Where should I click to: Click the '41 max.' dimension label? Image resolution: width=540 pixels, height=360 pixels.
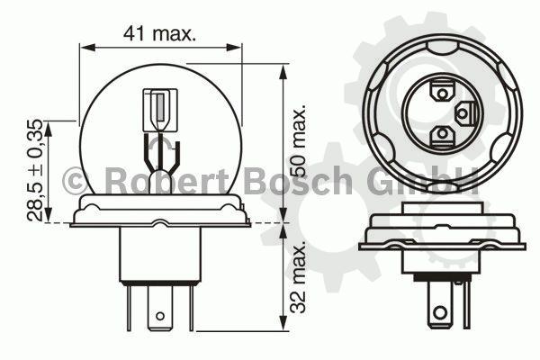click(x=159, y=33)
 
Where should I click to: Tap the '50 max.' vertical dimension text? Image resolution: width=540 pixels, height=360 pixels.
click(x=298, y=140)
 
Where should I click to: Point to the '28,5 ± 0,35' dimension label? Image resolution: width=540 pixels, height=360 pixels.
click(x=35, y=170)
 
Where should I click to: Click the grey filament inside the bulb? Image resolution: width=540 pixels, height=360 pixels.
click(x=160, y=107)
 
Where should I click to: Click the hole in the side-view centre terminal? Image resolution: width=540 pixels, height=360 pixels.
click(x=159, y=316)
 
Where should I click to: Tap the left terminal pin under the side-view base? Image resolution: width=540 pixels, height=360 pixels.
click(x=129, y=308)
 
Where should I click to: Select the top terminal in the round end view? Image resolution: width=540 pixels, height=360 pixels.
click(x=442, y=92)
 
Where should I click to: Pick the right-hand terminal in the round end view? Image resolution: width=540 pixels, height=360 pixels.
click(x=465, y=113)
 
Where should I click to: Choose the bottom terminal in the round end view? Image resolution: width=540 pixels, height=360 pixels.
click(x=442, y=135)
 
